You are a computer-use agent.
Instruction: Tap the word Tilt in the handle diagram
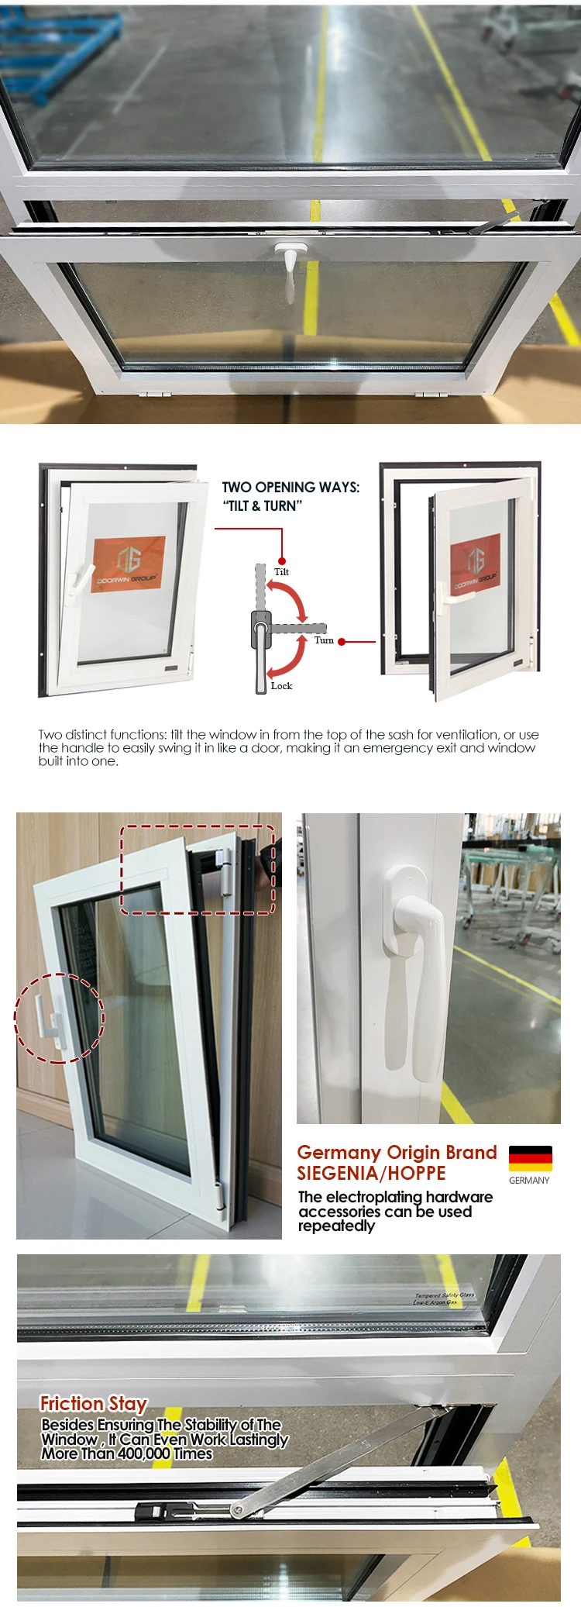(x=281, y=572)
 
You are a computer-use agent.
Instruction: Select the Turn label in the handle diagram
(x=324, y=640)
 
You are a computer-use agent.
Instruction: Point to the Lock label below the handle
(x=281, y=686)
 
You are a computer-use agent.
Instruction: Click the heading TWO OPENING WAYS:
(x=290, y=488)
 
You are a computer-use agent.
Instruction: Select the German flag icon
(x=531, y=1158)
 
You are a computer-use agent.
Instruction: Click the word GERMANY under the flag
(x=529, y=1181)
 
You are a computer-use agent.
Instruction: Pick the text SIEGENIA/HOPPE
(x=371, y=1174)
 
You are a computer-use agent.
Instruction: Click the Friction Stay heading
(x=94, y=1404)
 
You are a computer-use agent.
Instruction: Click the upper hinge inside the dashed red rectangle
(x=225, y=871)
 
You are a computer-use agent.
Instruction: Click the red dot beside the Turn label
(x=342, y=642)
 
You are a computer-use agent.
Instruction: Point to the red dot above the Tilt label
(x=282, y=560)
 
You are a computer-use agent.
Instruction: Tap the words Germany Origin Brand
(x=397, y=1153)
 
